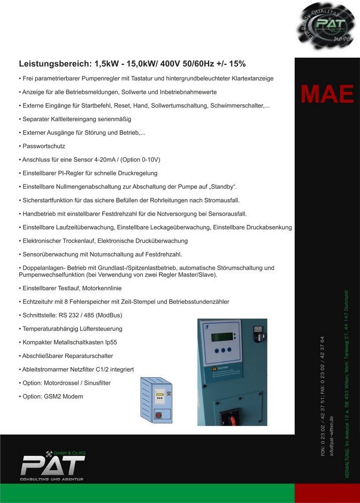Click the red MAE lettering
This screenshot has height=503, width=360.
[327, 94]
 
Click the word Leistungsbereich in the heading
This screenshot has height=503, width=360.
[54, 64]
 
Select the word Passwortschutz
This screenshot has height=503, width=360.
[44, 146]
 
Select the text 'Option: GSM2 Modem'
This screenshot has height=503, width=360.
[53, 396]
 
